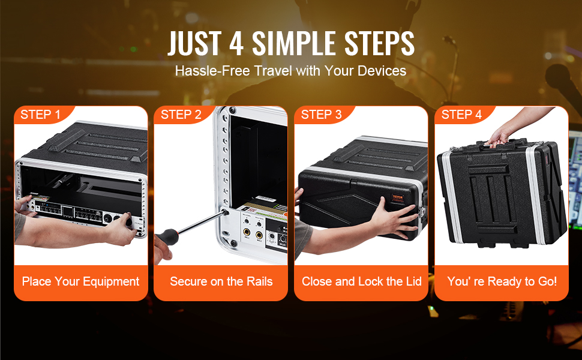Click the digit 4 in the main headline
coord(236,43)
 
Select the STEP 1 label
coord(40,115)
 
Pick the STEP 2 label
coord(181,115)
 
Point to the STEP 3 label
coord(321,115)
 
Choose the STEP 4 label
coord(461,115)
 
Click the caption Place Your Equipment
coord(80,281)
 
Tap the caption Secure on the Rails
coord(221,281)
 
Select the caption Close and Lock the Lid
coord(362,281)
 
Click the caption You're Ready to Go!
coord(502,281)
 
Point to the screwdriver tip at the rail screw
coord(224,212)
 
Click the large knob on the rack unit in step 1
coord(109,218)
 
